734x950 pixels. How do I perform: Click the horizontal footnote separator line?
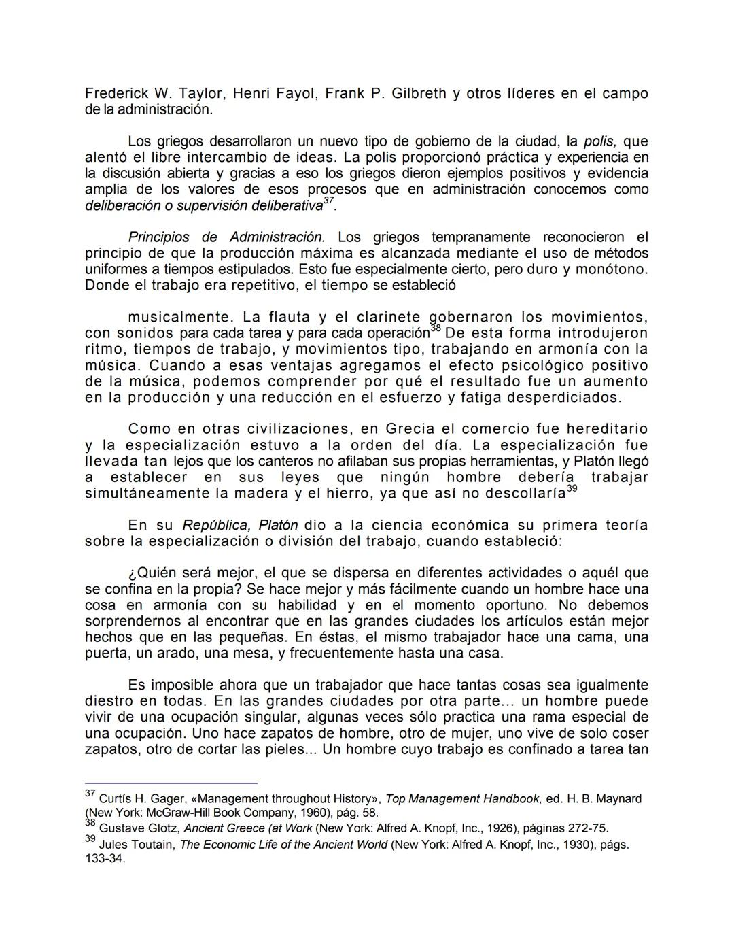171,783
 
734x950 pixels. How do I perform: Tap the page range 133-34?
105,859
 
